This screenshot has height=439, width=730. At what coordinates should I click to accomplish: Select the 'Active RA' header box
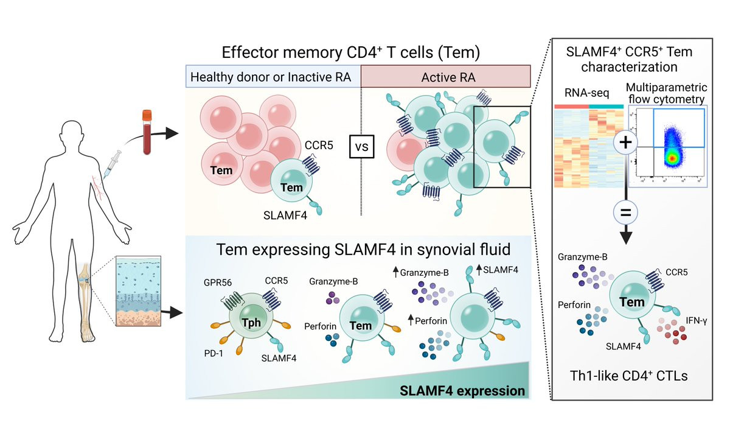coord(445,78)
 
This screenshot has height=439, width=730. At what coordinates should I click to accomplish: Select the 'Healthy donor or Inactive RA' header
coord(273,78)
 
